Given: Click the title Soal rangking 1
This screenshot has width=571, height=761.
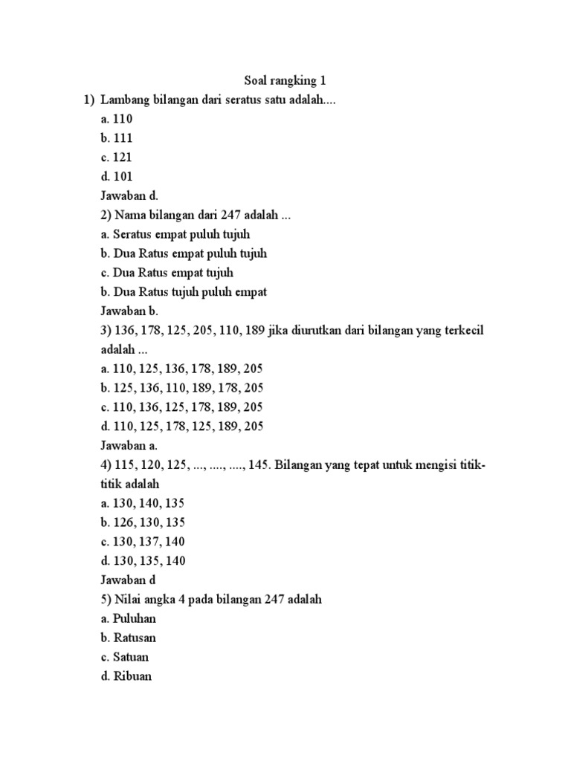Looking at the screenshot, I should click(285, 80).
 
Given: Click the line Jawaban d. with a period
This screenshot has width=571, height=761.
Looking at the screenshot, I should click(129, 195).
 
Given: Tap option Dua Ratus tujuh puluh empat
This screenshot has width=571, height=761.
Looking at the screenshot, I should click(184, 292).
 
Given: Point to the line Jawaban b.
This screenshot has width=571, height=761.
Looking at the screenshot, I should click(129, 311).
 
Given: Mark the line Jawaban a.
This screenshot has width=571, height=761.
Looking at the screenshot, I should click(129, 446).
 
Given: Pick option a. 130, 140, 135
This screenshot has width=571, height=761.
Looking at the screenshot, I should click(143, 503).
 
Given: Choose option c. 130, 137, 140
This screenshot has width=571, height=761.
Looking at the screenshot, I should click(143, 542).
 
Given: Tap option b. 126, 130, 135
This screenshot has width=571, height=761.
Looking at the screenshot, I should click(143, 522).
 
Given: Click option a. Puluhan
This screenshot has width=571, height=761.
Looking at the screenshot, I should click(129, 618).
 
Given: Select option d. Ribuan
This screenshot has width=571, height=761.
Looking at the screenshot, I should click(126, 676).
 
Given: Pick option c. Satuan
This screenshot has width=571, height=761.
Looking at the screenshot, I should click(125, 657).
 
